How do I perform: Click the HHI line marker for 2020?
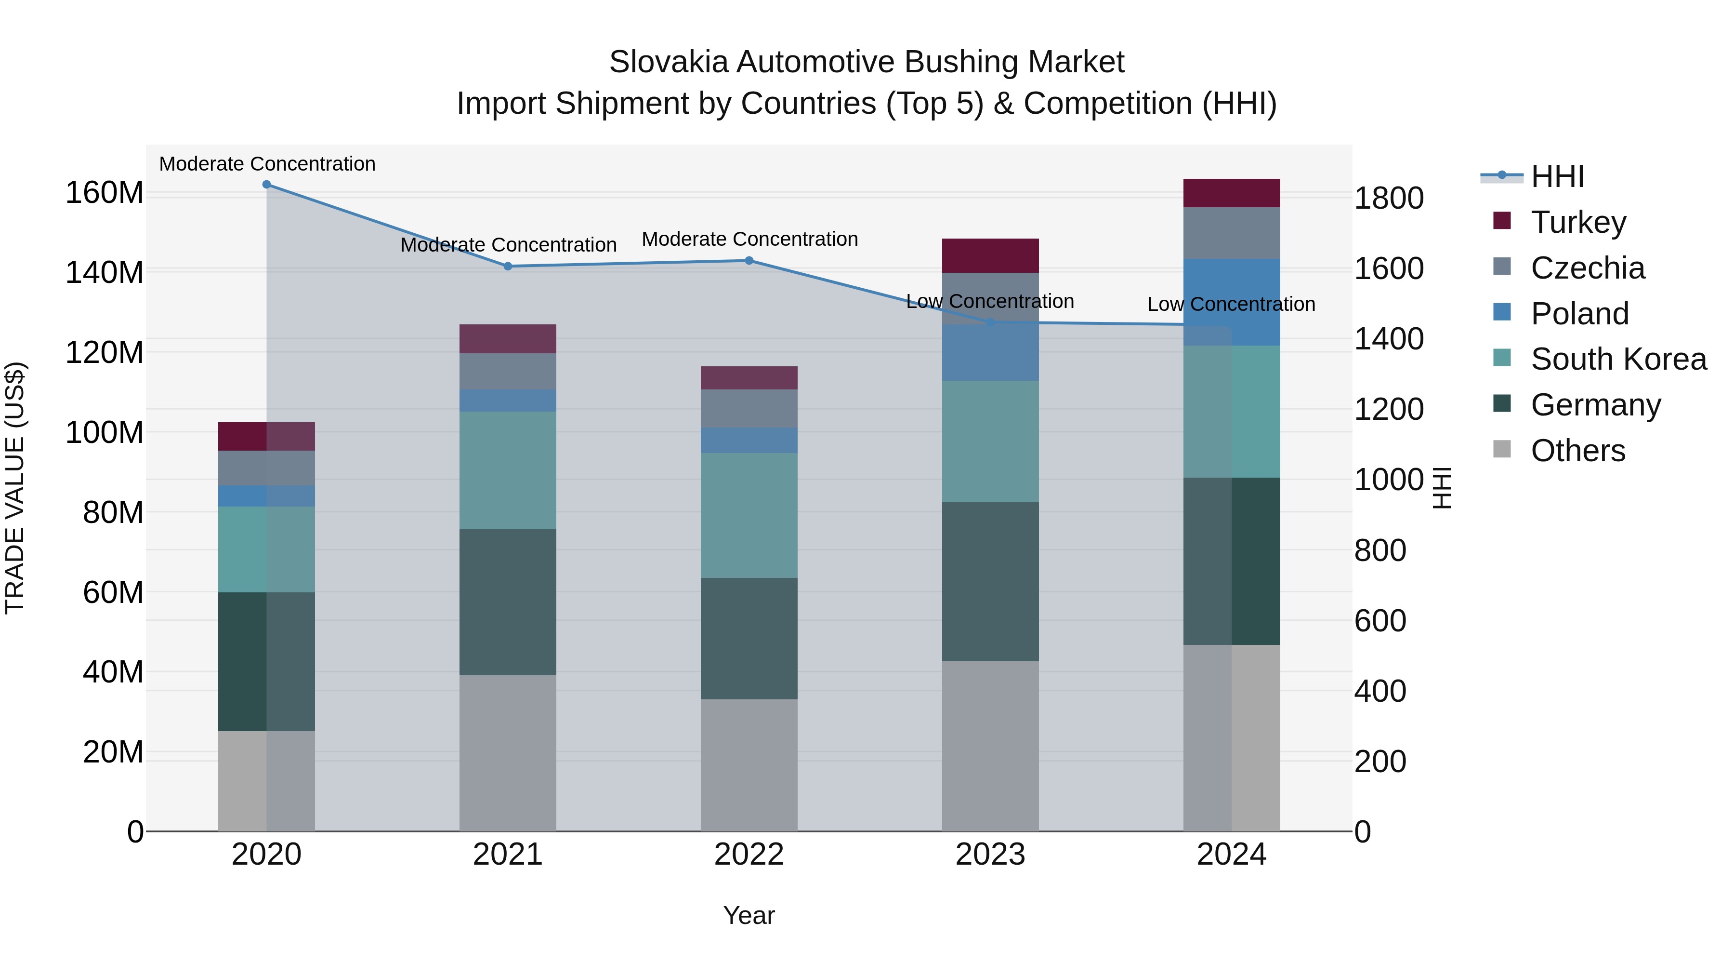click(x=266, y=185)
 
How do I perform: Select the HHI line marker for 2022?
click(x=749, y=261)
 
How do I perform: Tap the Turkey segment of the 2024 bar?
click(x=1231, y=193)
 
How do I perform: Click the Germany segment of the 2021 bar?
click(x=508, y=602)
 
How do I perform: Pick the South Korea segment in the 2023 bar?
click(x=990, y=442)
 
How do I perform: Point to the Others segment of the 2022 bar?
click(x=749, y=765)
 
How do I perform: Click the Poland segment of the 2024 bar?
click(x=1231, y=302)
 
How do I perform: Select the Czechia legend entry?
click(x=1587, y=268)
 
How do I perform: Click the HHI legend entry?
click(x=1557, y=176)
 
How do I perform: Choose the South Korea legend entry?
click(x=1618, y=359)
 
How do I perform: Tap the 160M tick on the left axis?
click(x=105, y=193)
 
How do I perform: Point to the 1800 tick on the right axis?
click(x=1388, y=199)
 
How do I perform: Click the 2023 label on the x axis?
click(x=990, y=855)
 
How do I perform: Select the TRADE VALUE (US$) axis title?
click(x=15, y=488)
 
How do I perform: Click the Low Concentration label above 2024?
click(x=1231, y=305)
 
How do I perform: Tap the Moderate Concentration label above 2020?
click(x=267, y=164)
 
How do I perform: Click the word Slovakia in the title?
click(x=669, y=63)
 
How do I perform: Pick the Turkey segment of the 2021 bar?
click(x=508, y=339)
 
